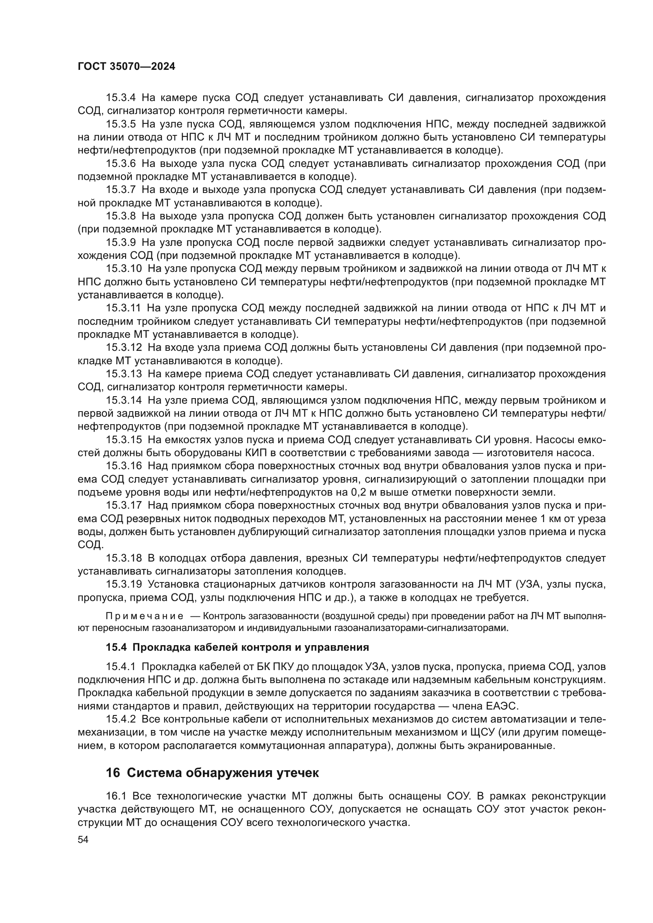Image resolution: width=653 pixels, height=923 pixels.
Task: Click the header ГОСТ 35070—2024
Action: (126, 67)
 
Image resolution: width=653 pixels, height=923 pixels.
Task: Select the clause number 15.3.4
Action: (121, 98)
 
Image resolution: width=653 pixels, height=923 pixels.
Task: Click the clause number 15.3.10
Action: (124, 269)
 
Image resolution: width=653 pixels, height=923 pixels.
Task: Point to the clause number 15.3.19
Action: (124, 585)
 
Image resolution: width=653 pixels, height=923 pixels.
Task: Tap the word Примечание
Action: (144, 616)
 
